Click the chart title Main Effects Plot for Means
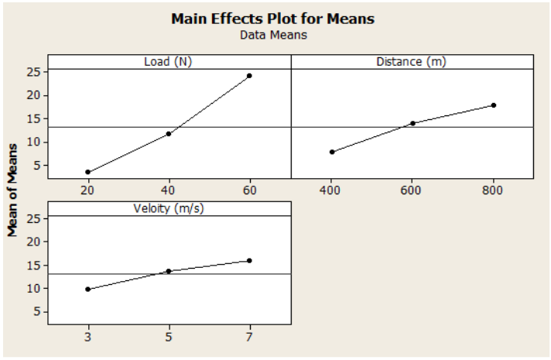click(272, 19)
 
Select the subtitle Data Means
click(272, 35)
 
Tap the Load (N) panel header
click(168, 62)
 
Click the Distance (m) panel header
click(412, 62)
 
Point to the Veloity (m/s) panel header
click(168, 208)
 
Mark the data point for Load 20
click(88, 172)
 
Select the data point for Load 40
click(169, 133)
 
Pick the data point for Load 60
click(249, 76)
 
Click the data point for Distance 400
click(332, 152)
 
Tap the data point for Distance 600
click(412, 123)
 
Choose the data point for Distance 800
click(493, 105)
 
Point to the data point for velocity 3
click(88, 289)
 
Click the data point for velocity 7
click(249, 261)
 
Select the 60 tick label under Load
click(249, 190)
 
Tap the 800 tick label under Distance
click(493, 190)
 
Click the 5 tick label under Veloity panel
click(169, 338)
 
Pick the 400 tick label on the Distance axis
click(332, 190)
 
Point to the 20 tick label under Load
click(88, 190)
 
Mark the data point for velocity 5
click(169, 271)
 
